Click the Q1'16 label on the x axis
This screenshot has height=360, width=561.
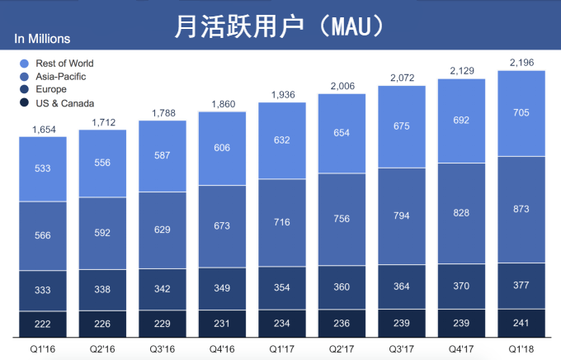43,348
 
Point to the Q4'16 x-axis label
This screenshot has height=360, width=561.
222,348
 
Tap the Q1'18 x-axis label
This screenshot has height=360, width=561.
521,348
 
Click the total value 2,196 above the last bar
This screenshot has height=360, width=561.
521,62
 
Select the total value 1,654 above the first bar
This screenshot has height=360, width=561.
43,129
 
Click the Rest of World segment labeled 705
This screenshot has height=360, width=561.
521,114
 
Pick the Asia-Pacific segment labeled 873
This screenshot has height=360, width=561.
521,210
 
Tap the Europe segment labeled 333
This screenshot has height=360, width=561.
43,291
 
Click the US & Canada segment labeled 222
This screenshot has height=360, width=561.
43,324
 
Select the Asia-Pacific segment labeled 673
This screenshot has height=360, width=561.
222,226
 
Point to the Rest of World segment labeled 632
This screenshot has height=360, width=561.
281,140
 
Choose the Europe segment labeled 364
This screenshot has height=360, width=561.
401,287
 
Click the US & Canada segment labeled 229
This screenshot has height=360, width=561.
163,323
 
